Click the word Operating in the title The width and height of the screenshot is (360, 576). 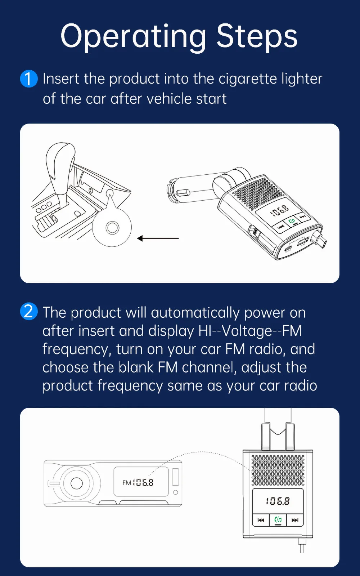coord(133,37)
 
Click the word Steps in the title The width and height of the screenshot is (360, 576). coord(257,36)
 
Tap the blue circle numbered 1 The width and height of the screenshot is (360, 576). coord(29,79)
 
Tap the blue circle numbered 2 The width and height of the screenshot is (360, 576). coord(29,311)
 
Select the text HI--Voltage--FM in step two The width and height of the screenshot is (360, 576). coord(250,331)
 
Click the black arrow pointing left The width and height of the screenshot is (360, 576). coord(158,238)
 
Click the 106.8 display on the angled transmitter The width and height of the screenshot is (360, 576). coord(280,211)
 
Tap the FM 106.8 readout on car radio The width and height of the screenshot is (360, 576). coord(138,482)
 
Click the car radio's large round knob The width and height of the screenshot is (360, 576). coord(76,483)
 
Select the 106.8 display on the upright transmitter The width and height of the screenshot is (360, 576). coord(278,501)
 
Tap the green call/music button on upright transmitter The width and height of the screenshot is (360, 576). coord(278,520)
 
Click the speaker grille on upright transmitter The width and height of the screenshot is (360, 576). coord(278,470)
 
